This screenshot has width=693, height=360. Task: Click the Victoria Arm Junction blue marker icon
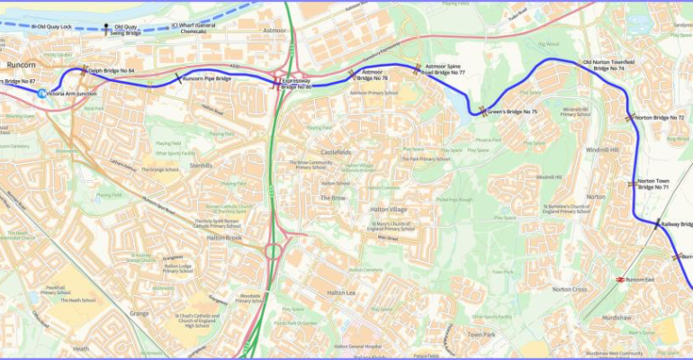tap(41, 93)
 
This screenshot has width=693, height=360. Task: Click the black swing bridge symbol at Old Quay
tap(106, 28)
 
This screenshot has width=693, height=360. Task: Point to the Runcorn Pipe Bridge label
tap(206, 78)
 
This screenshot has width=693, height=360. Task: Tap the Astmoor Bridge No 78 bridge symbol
tap(351, 73)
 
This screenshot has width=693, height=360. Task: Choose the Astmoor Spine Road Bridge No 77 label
tap(445, 68)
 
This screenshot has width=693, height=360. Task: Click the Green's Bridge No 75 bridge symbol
tap(483, 112)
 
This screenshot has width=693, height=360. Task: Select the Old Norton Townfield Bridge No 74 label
tap(616, 65)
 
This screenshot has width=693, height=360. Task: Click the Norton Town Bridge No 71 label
tap(652, 184)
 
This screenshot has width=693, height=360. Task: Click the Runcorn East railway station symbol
tap(621, 279)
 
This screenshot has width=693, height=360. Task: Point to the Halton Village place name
tap(389, 209)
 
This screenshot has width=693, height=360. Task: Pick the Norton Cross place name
tap(570, 289)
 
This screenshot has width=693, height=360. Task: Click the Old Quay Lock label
tap(51, 27)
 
